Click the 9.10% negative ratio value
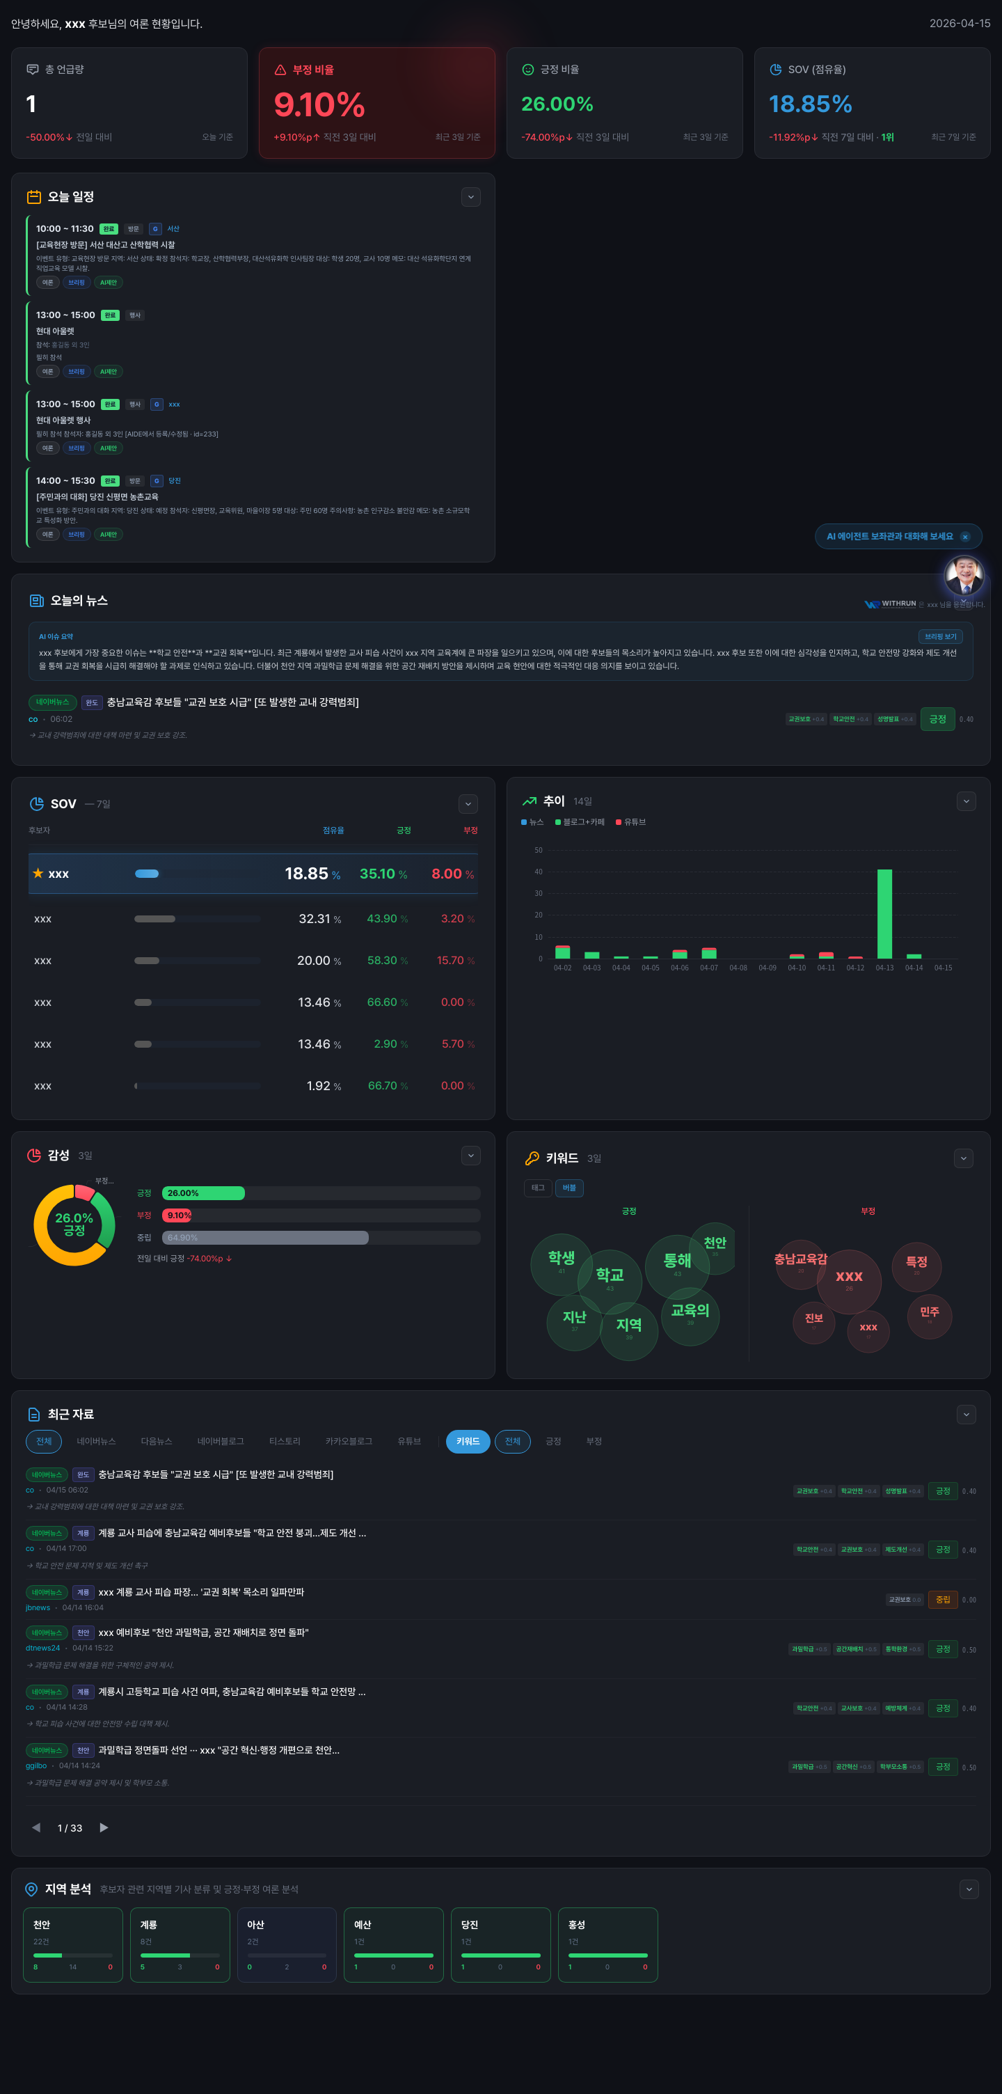(319, 105)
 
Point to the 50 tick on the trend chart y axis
(538, 850)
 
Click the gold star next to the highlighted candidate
(38, 873)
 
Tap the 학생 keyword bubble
(561, 1259)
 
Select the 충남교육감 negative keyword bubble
(800, 1261)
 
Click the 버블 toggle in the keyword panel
(569, 1188)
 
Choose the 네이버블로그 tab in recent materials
(220, 1441)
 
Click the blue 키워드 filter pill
(468, 1441)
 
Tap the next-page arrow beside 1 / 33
(104, 1827)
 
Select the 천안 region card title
(42, 1924)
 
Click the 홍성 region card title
(576, 1924)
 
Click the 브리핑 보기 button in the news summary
(939, 636)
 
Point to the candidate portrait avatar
(964, 576)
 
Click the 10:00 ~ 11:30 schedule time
(64, 228)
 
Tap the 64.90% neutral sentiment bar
(265, 1237)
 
